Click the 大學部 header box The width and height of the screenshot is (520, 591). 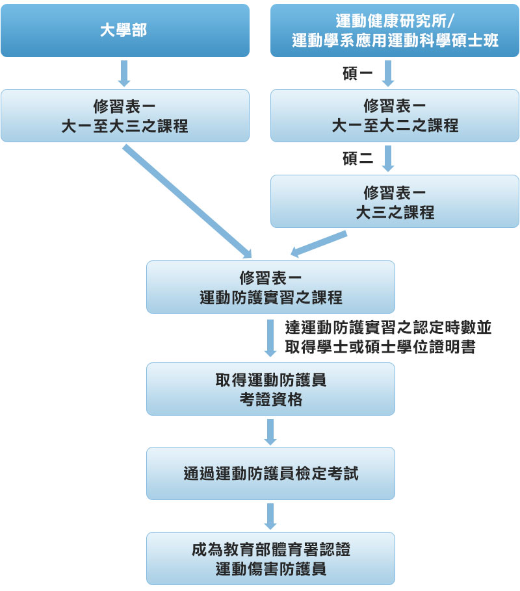[x=125, y=31]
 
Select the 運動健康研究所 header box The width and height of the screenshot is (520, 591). [x=395, y=31]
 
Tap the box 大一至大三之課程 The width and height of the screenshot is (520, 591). [x=125, y=116]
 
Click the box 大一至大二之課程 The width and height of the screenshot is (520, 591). [x=395, y=116]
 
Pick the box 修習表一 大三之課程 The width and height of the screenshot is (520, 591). [x=395, y=201]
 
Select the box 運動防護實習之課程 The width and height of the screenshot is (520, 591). [x=270, y=287]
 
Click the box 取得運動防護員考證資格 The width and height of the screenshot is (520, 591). [x=270, y=389]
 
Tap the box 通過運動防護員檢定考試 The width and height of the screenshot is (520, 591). [x=270, y=473]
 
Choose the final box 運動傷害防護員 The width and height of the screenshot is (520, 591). [x=270, y=559]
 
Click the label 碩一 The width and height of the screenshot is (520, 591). [x=357, y=73]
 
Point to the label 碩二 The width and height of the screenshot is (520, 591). [x=357, y=158]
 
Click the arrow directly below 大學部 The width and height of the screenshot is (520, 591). [x=125, y=73]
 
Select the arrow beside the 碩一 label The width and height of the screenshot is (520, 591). [x=389, y=73]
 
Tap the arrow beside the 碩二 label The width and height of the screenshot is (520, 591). [x=389, y=158]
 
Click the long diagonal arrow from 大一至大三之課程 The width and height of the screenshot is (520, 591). [x=187, y=201]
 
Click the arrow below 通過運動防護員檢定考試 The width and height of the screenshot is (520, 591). [x=270, y=516]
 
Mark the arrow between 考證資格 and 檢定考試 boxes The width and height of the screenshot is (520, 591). [x=270, y=431]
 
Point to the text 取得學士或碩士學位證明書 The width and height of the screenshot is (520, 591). [x=380, y=347]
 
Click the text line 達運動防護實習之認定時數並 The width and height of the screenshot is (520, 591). [x=387, y=327]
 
